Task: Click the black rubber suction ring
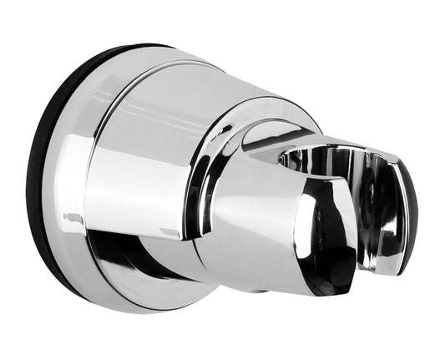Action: pyautogui.click(x=38, y=167)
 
